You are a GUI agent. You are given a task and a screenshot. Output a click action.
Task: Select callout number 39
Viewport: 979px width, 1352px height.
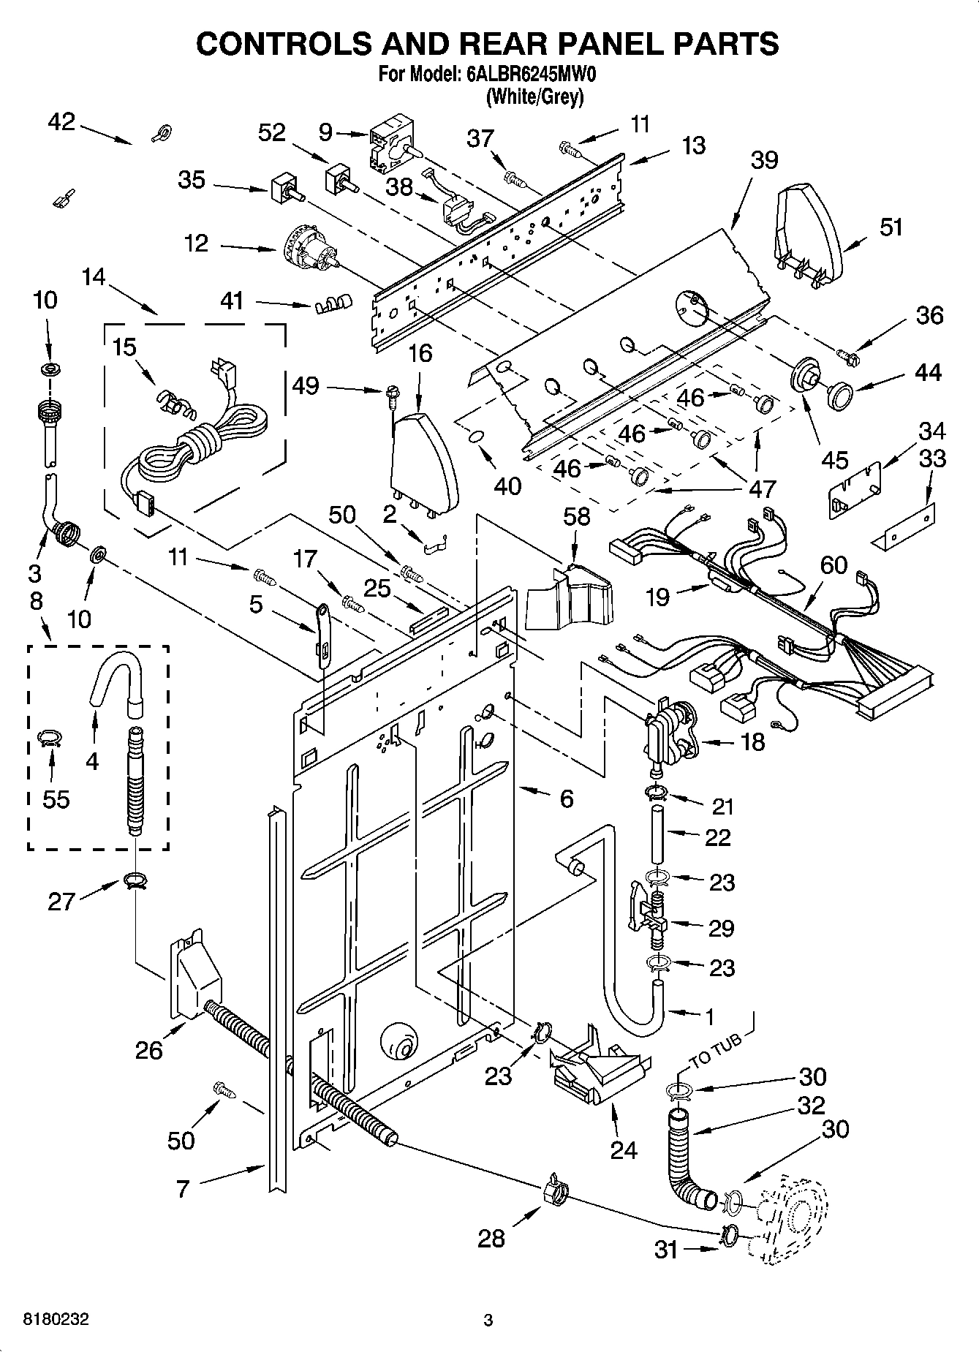coord(763,160)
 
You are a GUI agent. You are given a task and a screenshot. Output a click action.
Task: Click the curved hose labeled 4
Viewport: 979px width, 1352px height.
coord(116,676)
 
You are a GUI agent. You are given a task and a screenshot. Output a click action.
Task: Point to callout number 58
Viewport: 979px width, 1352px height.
coord(576,516)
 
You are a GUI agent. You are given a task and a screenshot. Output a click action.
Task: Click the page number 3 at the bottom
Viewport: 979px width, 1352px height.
coord(488,1320)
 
